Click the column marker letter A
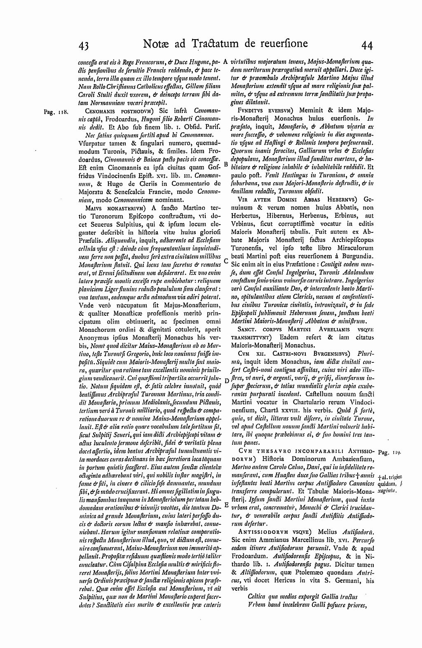[226, 62]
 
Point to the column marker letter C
[226, 261]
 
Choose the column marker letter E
[226, 505]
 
